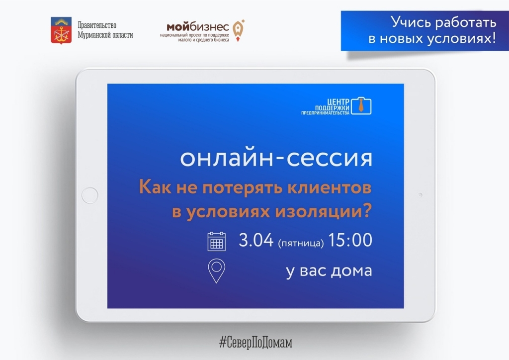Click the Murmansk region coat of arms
[61, 30]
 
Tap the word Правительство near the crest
[97, 25]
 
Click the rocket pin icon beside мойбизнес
[239, 30]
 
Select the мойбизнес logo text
[198, 26]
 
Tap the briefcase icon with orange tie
[361, 105]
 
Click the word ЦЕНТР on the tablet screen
[338, 102]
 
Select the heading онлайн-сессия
[276, 158]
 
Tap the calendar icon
[217, 242]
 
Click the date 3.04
[256, 240]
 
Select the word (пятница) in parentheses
[301, 243]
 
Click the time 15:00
[350, 240]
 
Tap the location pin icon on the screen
[217, 270]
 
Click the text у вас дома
[329, 271]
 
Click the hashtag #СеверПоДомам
[256, 343]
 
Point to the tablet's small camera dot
[421, 195]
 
